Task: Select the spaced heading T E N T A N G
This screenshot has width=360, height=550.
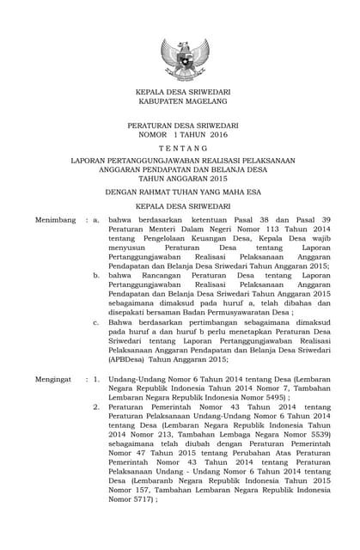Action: click(180, 148)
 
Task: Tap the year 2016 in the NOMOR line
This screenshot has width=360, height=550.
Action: click(218, 135)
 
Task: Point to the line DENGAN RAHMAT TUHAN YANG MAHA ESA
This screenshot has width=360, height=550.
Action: click(180, 194)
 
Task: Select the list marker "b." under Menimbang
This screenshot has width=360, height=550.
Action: click(97, 278)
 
